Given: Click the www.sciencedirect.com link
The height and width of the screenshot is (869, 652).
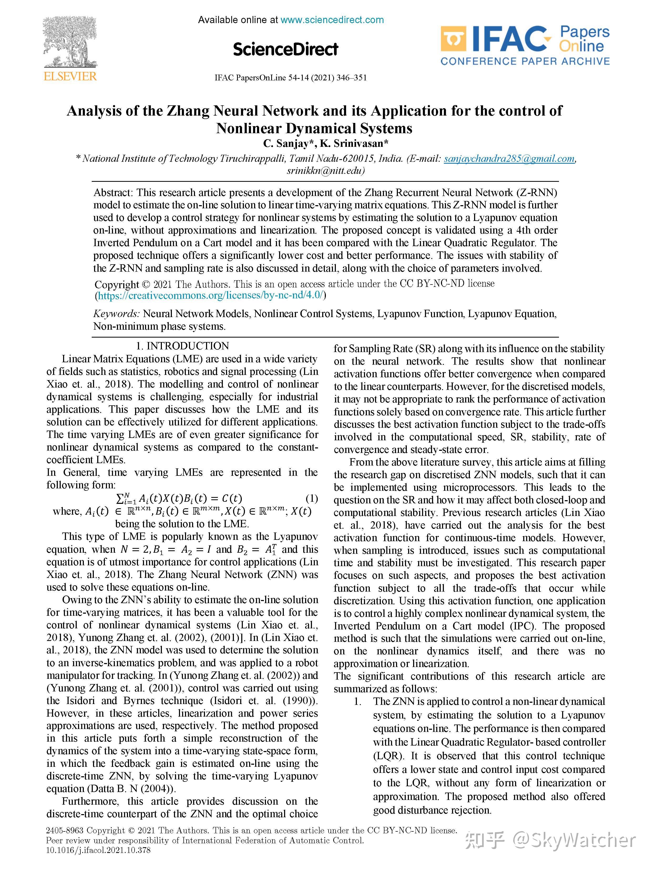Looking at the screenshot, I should pyautogui.click(x=332, y=20).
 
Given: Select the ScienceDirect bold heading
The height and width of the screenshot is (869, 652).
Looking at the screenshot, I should pyautogui.click(x=285, y=49).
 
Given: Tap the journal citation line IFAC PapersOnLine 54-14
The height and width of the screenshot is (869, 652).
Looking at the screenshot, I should pyautogui.click(x=290, y=77).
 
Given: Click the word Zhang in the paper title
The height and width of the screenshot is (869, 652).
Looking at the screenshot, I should pyautogui.click(x=188, y=111).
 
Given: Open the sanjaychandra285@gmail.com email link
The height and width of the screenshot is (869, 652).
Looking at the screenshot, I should pyautogui.click(x=509, y=159).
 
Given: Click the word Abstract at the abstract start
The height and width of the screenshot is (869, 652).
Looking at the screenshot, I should pyautogui.click(x=113, y=193).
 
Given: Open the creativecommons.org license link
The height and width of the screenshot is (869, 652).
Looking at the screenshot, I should pyautogui.click(x=211, y=296).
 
